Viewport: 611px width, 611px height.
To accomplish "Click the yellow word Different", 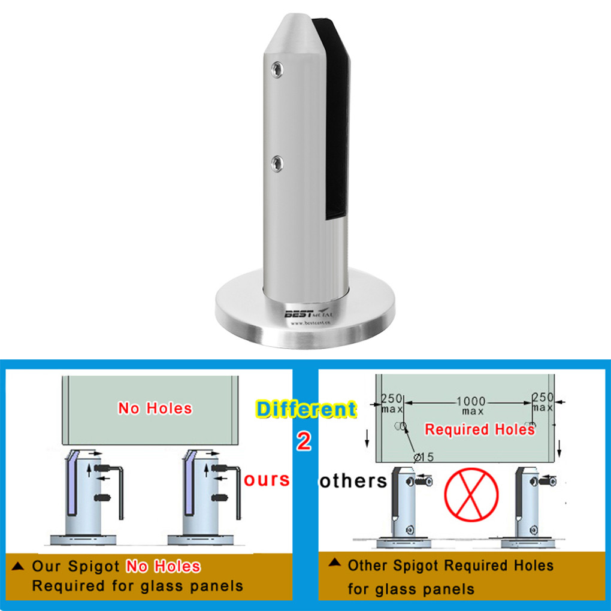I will [x=305, y=409].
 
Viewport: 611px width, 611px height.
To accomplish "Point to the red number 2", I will [x=304, y=441].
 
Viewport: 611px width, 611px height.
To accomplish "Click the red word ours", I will [x=267, y=479].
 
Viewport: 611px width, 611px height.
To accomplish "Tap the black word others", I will [x=353, y=480].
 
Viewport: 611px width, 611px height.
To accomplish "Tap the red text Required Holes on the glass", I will [x=479, y=429].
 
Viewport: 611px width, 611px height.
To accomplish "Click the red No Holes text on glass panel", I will [x=155, y=409].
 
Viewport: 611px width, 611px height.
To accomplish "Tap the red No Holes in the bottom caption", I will [x=163, y=566].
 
